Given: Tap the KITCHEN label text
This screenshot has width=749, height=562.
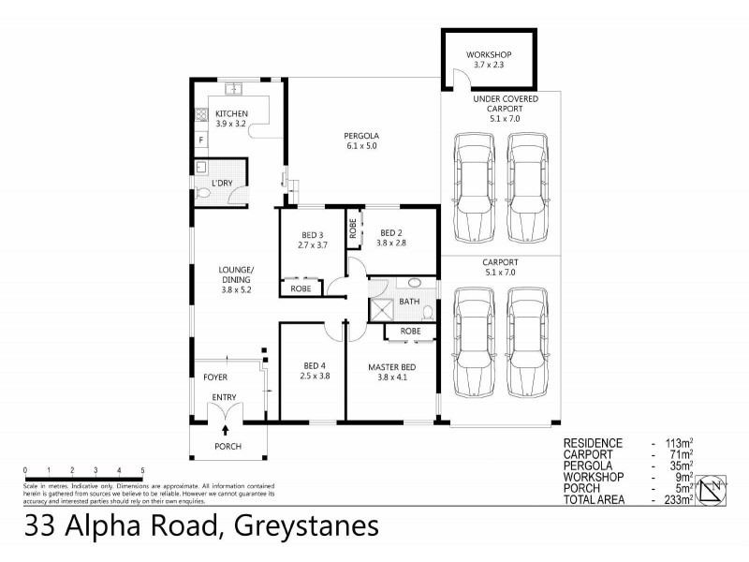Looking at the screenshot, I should [230, 113].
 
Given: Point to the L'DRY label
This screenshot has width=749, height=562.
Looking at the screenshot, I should [223, 182].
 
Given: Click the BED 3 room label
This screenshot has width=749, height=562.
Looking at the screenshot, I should [313, 234].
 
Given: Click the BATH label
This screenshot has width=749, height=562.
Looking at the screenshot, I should [409, 302].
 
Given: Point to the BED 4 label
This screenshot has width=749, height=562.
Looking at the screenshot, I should [314, 366].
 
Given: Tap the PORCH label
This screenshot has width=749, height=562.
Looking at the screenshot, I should [228, 446].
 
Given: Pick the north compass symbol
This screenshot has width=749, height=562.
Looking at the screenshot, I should [714, 490].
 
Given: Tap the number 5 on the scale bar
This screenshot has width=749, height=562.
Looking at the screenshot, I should [142, 469].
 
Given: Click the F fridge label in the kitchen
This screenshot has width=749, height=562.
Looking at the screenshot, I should [202, 140].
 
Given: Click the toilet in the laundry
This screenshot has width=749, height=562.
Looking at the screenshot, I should [204, 194].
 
